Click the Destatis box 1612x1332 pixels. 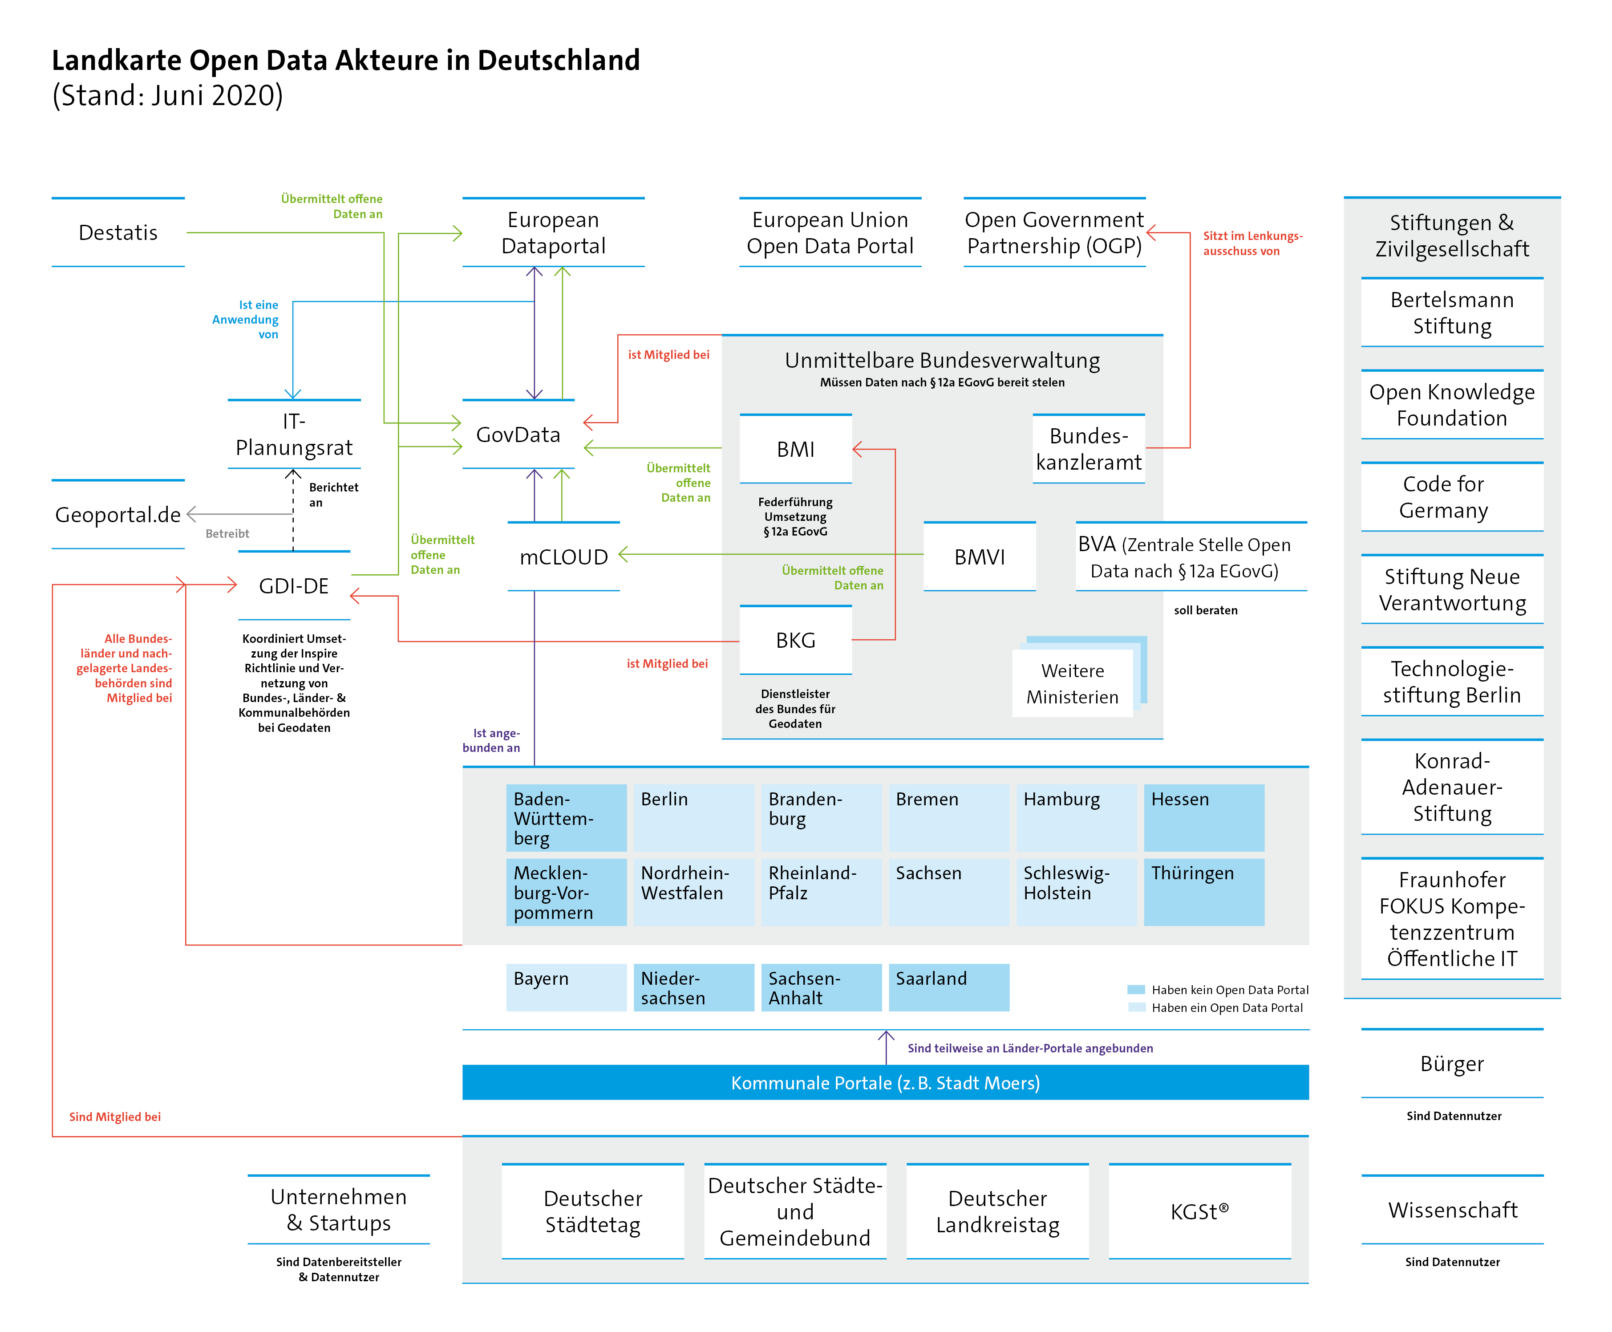pos(118,232)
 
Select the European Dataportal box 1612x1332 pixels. pos(553,232)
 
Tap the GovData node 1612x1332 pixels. pos(518,435)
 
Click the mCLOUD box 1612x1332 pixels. pos(563,557)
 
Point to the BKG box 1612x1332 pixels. pos(795,640)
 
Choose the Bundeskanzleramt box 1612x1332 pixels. pos(1088,449)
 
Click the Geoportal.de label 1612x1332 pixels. pos(118,515)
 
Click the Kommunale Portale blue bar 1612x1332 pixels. pos(885,1083)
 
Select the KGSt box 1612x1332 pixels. pos(1199,1211)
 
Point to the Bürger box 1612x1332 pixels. pos(1452,1064)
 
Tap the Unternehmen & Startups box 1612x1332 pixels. pos(338,1210)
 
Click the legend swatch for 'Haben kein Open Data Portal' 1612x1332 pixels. pos(1136,990)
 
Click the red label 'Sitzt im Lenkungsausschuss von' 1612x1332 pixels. pos(1252,243)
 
